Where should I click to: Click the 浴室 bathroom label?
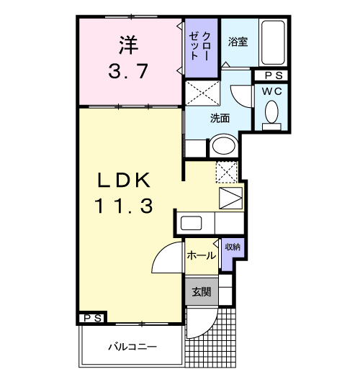click(x=238, y=42)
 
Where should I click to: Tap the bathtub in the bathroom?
click(x=273, y=42)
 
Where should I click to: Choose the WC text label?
click(x=272, y=91)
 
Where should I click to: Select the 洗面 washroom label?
click(x=220, y=118)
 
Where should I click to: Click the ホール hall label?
click(x=201, y=255)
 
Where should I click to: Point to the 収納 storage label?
click(x=232, y=247)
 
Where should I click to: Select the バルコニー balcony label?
click(x=132, y=347)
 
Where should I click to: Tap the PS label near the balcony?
click(x=91, y=317)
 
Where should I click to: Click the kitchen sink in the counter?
click(x=192, y=222)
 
